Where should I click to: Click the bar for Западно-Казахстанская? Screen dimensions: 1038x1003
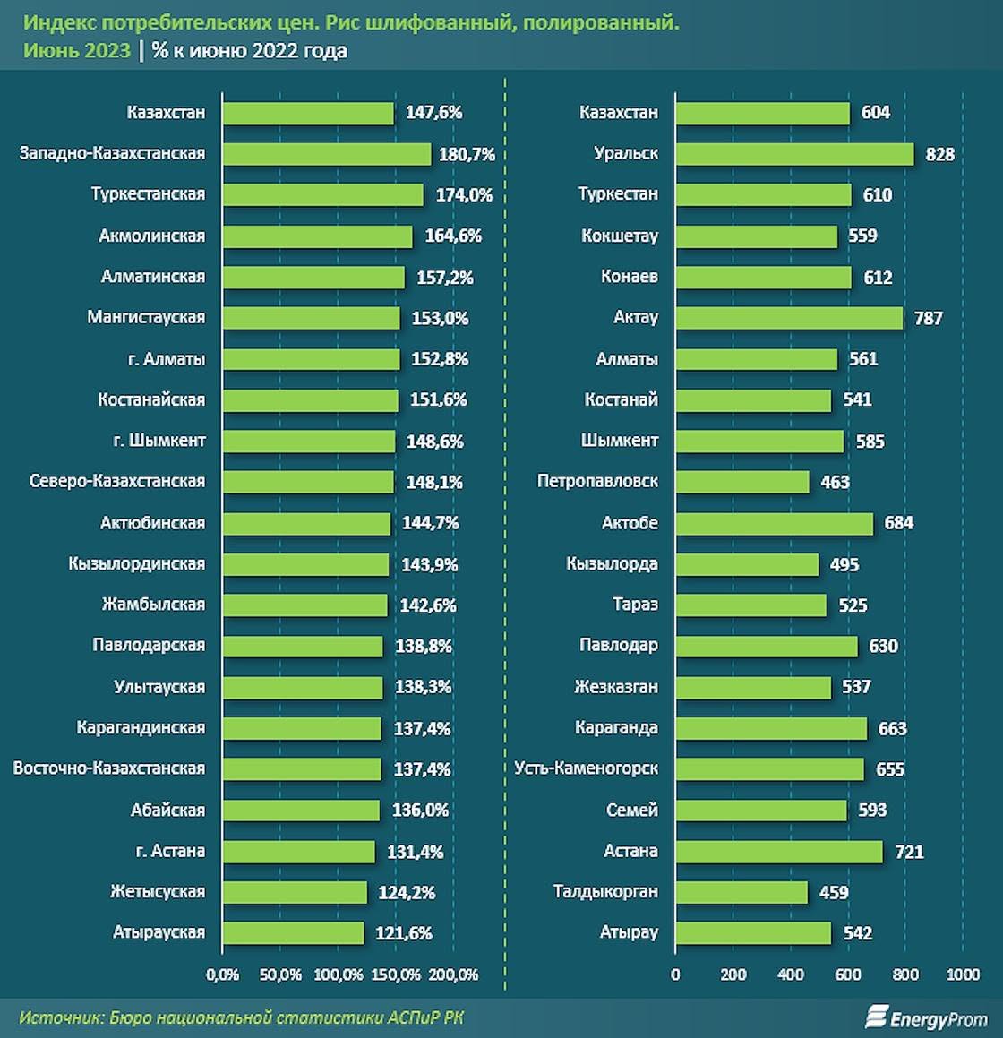pos(327,154)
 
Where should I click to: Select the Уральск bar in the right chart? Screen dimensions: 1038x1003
pos(794,154)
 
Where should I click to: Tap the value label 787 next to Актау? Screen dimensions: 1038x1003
pos(928,318)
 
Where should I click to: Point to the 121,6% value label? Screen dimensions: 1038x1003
pos(404,933)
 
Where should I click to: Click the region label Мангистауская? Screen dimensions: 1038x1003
pos(146,317)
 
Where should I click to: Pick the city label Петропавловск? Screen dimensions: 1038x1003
pos(597,482)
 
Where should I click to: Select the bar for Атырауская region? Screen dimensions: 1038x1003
pos(293,933)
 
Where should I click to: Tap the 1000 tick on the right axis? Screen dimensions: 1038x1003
pos(963,974)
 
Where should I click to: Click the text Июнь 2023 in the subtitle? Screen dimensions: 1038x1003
pos(77,51)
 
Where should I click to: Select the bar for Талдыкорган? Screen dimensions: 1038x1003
pos(742,892)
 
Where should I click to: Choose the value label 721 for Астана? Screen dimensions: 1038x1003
pos(909,852)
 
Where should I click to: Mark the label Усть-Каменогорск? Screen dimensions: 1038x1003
pos(586,768)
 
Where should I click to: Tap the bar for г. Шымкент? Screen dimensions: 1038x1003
pos(308,442)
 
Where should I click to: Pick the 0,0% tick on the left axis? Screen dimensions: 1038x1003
pos(222,974)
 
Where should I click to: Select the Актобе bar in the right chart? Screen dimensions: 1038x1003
pos(774,524)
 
